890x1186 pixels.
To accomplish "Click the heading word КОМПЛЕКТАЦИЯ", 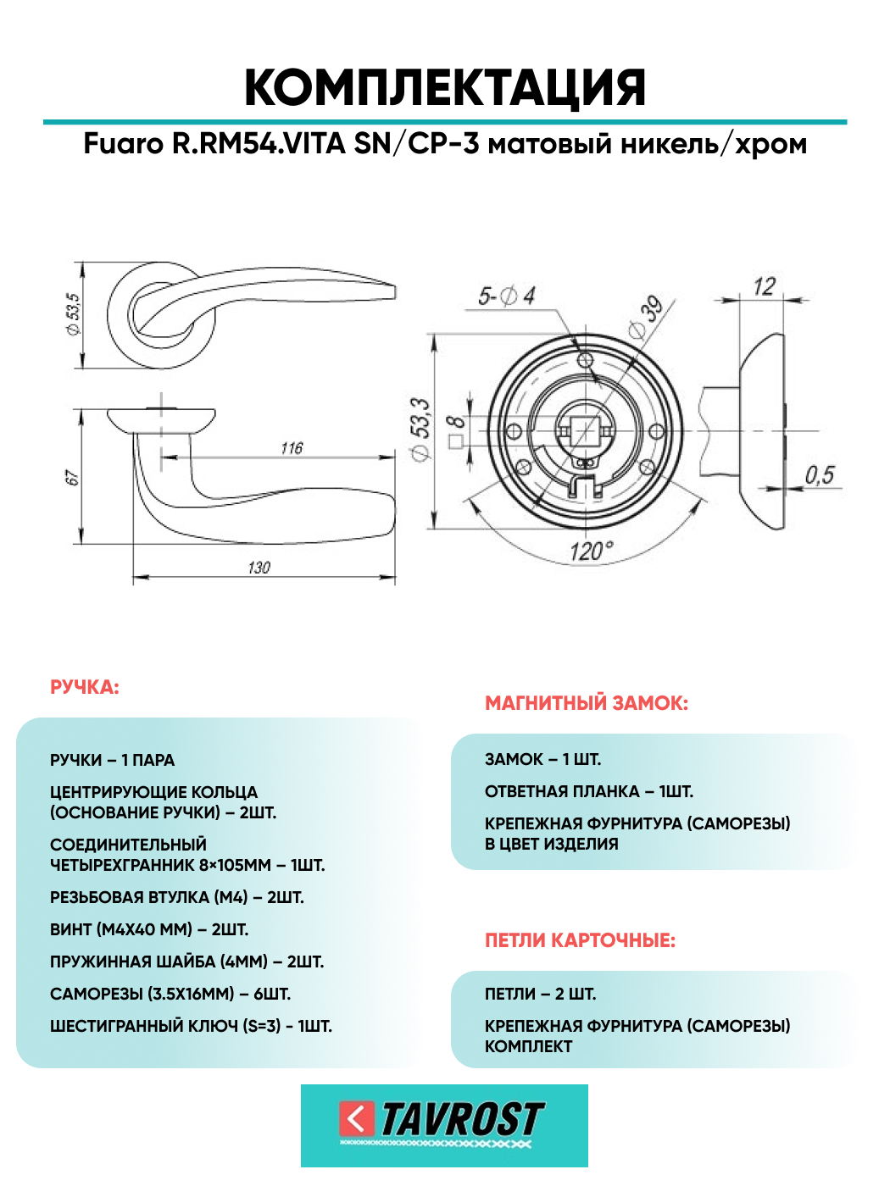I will click(x=445, y=87).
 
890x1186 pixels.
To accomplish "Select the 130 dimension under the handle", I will click(x=259, y=568).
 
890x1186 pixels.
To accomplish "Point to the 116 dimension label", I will click(x=292, y=447).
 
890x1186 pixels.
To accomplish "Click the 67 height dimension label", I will click(x=72, y=479).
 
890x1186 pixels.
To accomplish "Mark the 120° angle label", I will click(x=590, y=552).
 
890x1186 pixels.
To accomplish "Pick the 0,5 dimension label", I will click(x=819, y=475).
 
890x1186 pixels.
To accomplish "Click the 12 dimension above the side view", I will click(x=764, y=287).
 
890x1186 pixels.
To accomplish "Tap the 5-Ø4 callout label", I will click(x=507, y=296).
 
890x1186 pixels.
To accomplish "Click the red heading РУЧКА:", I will click(x=85, y=687).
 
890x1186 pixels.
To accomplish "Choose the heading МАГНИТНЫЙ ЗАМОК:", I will click(x=587, y=703).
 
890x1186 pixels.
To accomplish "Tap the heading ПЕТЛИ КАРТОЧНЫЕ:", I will click(x=580, y=940).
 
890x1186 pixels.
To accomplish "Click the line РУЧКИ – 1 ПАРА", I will click(x=113, y=760).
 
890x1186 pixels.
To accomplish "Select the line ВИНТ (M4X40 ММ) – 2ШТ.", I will click(x=149, y=929).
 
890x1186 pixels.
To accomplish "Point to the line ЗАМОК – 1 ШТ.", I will click(x=542, y=759).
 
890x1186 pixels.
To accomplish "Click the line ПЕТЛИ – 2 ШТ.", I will click(x=540, y=994).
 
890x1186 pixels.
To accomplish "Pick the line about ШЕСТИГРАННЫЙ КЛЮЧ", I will click(x=191, y=1026).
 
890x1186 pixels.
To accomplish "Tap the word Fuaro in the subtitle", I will click(x=123, y=144).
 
